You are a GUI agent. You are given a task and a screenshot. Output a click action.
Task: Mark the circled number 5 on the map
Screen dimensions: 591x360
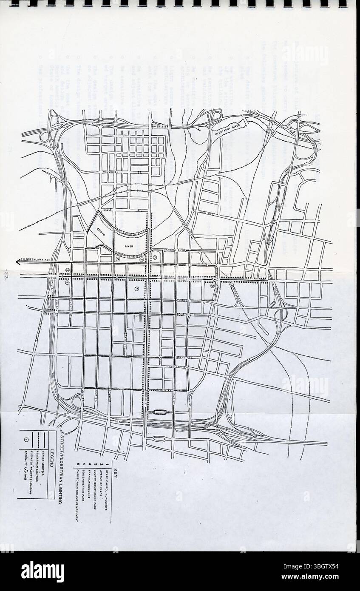tap(212, 286)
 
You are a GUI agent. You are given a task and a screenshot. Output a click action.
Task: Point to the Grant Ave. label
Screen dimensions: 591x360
tap(184, 357)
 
